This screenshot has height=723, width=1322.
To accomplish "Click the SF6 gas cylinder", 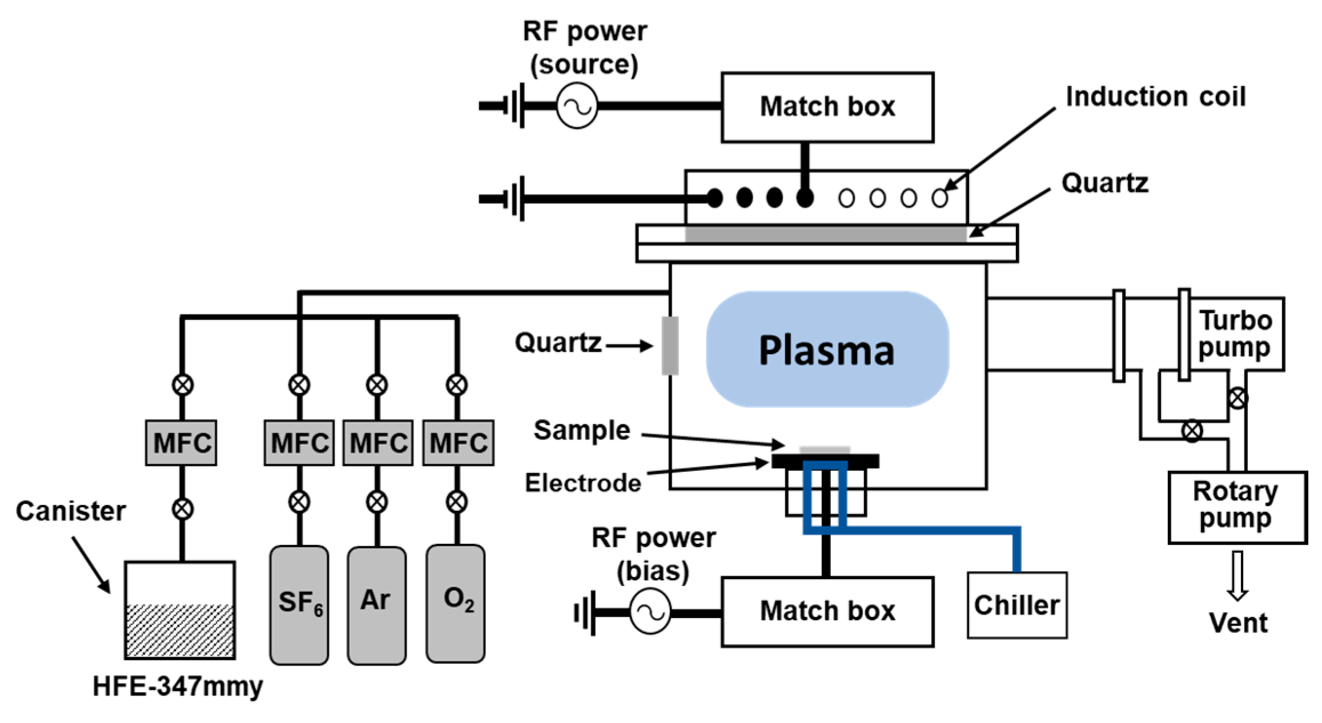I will [299, 605].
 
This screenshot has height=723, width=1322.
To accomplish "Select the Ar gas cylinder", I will [377, 605].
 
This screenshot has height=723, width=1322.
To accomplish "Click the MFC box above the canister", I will [181, 443].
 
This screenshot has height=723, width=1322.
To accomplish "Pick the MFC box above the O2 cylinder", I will [458, 443].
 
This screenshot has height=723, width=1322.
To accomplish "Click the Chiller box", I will [1017, 605].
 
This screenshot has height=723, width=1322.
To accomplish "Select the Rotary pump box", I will [1237, 507].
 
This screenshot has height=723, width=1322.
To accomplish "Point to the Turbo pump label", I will [1235, 334].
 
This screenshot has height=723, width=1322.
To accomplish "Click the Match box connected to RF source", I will [827, 107].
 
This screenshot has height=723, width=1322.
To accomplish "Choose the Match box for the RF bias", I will [827, 611].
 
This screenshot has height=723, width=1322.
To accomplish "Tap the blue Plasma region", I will [827, 349].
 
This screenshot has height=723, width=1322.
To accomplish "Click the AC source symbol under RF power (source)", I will [577, 106].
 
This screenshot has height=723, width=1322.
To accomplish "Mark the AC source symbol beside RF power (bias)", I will [650, 613].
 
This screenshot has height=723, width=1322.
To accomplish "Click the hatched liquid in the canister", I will [180, 630].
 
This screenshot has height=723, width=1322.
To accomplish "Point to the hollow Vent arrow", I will [1237, 575].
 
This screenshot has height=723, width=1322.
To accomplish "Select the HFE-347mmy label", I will [178, 686].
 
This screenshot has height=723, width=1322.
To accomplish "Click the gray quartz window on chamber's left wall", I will [670, 346].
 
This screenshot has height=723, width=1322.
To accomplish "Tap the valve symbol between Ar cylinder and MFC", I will [377, 502].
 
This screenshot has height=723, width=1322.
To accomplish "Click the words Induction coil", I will [1156, 96].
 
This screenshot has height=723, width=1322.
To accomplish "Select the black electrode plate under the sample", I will [825, 461].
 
